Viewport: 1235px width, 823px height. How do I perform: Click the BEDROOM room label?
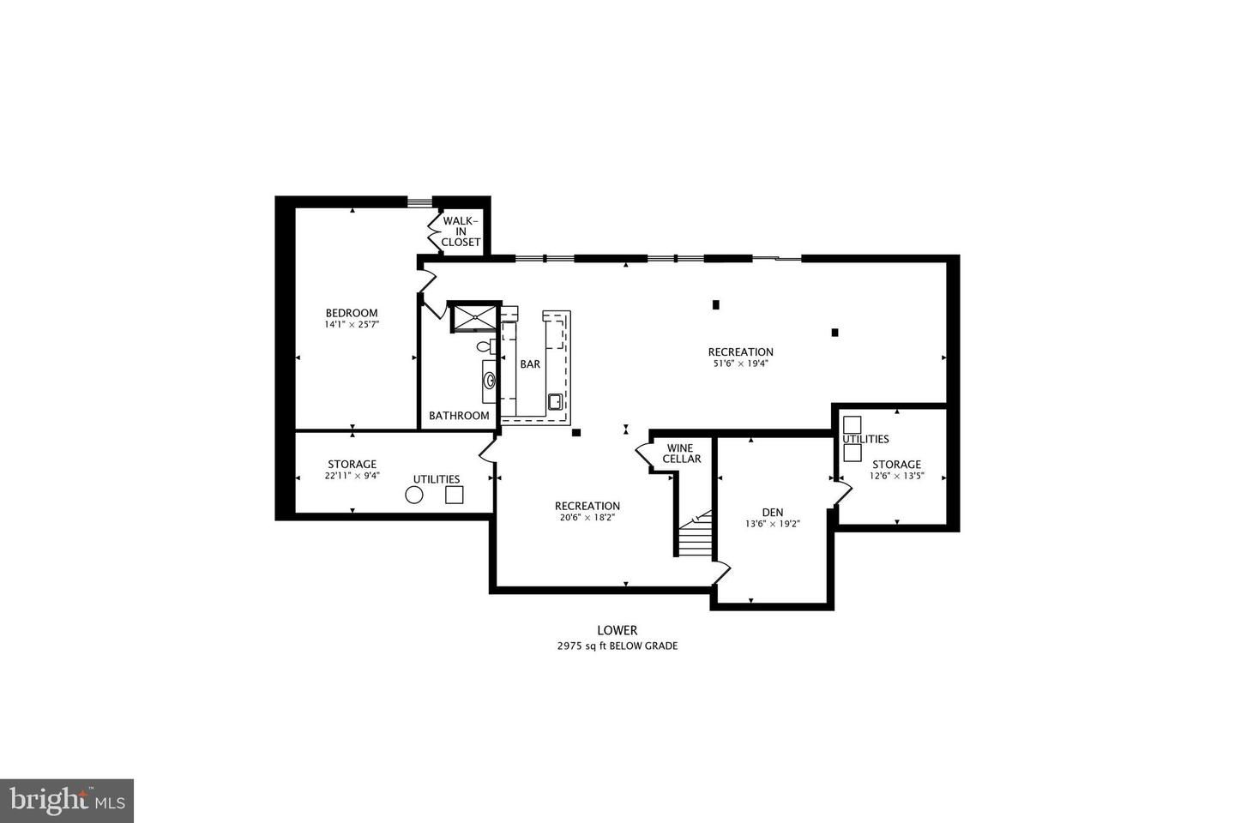(352, 313)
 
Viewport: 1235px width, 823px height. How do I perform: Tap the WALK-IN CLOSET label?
(461, 231)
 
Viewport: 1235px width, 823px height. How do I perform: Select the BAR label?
(530, 364)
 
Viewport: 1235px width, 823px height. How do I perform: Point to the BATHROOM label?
(459, 416)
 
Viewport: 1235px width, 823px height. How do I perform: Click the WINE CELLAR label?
(682, 454)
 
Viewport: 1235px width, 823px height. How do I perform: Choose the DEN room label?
(773, 512)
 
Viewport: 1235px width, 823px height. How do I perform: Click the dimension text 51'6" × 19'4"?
(740, 363)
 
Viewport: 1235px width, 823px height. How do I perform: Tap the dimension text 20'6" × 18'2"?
(587, 518)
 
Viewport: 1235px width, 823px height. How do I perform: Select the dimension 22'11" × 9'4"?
(352, 476)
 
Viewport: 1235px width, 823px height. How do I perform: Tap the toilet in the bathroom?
(485, 346)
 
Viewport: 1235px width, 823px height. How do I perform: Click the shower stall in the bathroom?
(475, 317)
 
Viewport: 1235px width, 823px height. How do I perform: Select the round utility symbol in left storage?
(414, 495)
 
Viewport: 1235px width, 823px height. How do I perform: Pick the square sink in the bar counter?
(556, 402)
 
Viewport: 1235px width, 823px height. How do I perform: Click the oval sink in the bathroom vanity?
(489, 381)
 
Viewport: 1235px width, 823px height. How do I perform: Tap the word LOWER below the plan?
(617, 630)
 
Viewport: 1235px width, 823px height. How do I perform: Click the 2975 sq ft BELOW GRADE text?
(617, 646)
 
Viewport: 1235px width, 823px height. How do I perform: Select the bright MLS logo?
(67, 801)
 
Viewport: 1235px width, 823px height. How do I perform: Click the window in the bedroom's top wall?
(419, 202)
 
